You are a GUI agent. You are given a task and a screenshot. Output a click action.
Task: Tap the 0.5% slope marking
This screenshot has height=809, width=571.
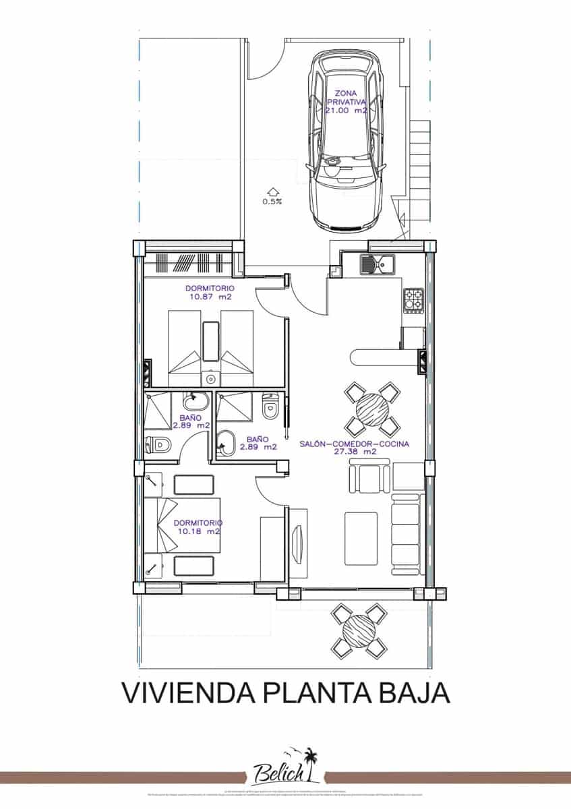[272, 200]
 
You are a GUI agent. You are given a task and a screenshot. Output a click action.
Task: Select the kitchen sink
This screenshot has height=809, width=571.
[378, 264]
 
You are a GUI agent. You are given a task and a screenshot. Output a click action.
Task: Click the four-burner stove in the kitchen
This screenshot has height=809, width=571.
[414, 299]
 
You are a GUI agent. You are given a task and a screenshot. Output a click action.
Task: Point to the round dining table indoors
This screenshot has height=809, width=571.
[371, 409]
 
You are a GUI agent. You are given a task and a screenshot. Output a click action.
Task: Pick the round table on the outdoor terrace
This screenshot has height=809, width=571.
[359, 631]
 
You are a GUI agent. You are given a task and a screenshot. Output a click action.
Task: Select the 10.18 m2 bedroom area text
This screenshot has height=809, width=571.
[198, 531]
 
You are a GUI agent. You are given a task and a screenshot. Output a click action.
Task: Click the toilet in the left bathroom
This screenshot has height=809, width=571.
[159, 445]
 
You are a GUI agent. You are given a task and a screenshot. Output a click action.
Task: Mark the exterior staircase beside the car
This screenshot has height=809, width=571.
[419, 169]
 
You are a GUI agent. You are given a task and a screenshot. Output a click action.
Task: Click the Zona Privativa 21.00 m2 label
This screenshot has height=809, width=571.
[345, 102]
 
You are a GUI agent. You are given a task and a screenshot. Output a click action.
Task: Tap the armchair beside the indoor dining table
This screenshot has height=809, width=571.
[369, 479]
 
